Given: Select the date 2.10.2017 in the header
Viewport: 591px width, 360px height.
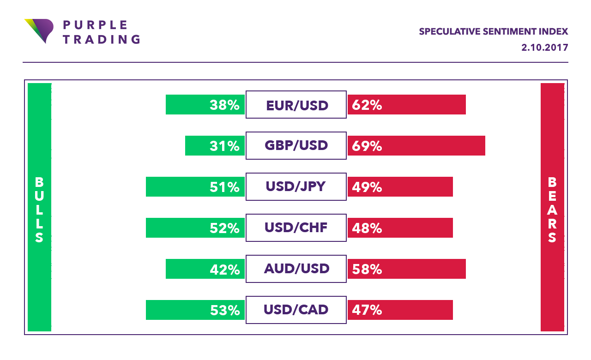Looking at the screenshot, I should [544, 48].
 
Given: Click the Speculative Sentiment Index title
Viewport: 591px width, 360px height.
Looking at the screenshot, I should [493, 31].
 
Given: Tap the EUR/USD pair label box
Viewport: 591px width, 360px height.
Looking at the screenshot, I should [296, 105].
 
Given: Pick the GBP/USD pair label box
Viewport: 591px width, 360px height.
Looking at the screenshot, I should [296, 146].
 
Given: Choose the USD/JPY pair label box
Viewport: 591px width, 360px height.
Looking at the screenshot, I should [296, 186].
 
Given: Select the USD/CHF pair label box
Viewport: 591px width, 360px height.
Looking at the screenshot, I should [296, 228].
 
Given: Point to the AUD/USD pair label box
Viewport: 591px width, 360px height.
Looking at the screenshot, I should [296, 269].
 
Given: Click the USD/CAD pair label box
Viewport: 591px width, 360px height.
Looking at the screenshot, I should [296, 310].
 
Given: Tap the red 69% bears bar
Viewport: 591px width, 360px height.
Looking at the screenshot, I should [416, 146].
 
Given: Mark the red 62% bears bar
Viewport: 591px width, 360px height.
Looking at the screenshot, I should [406, 105].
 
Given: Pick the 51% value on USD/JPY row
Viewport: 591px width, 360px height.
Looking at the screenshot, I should [224, 187].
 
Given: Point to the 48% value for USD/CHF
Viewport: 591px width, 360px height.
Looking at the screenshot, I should [367, 228].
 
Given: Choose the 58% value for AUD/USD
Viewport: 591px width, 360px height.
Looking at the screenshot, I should [367, 269].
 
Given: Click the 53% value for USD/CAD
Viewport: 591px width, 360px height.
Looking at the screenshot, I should [224, 310].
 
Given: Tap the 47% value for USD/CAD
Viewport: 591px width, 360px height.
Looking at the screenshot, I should [367, 310].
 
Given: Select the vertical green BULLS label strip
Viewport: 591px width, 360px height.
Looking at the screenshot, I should [39, 208].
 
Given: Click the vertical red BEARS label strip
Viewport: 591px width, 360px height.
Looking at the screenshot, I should [552, 208].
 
